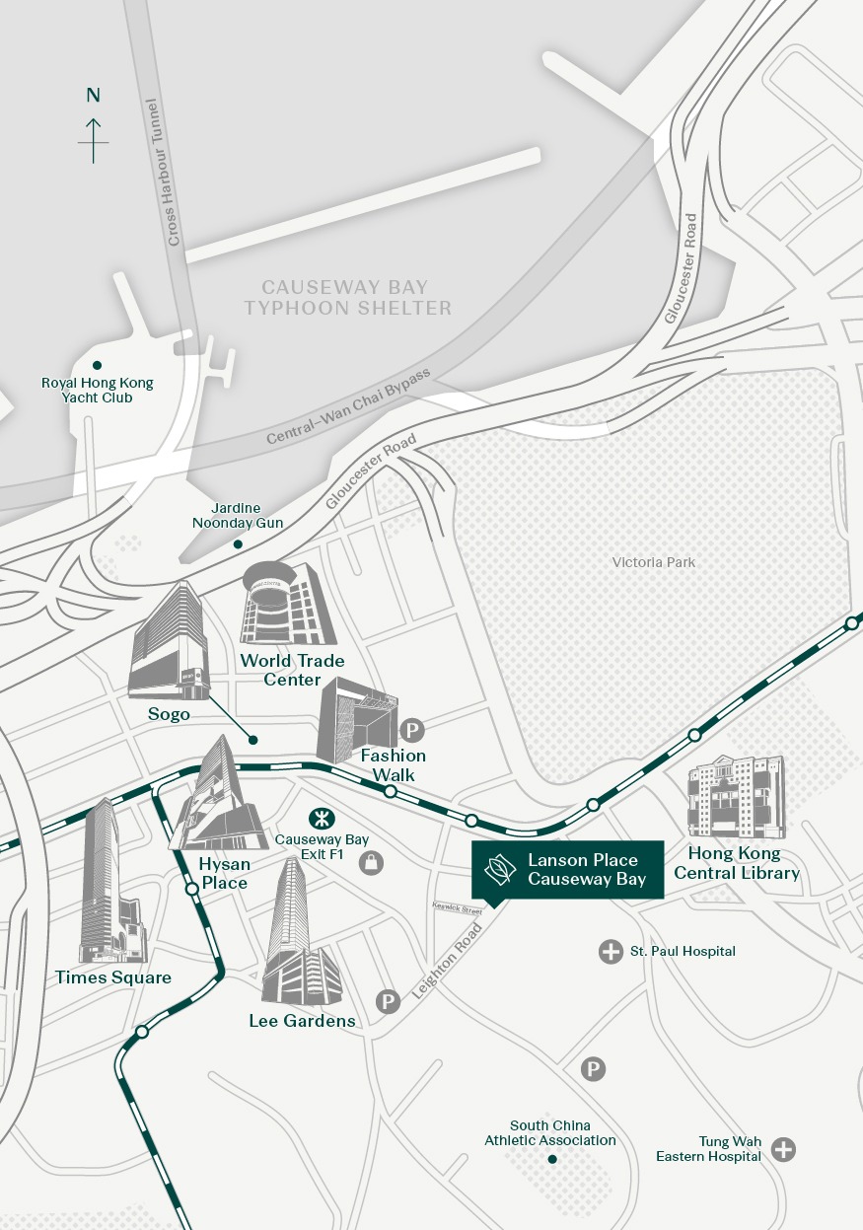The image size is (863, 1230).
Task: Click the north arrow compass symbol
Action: [x=94, y=139]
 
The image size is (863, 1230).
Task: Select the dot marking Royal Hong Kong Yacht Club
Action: [x=97, y=365]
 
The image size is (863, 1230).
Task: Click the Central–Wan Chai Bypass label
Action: [x=348, y=407]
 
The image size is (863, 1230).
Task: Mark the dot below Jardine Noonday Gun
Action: [x=237, y=543]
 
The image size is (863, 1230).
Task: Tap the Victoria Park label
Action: [x=653, y=562]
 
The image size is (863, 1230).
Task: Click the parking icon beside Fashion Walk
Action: [x=412, y=731]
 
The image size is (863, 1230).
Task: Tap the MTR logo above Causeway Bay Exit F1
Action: [x=320, y=817]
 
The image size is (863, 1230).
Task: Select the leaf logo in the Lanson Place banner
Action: [x=500, y=869]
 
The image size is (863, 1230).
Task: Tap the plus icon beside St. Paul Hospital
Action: [x=611, y=951]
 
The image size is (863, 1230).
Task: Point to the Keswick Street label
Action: [x=457, y=906]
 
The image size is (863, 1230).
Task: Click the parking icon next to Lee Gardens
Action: [x=389, y=1002]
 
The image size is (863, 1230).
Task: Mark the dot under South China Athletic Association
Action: [x=551, y=1159]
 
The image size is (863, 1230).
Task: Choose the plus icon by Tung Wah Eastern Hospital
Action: [x=783, y=1149]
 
